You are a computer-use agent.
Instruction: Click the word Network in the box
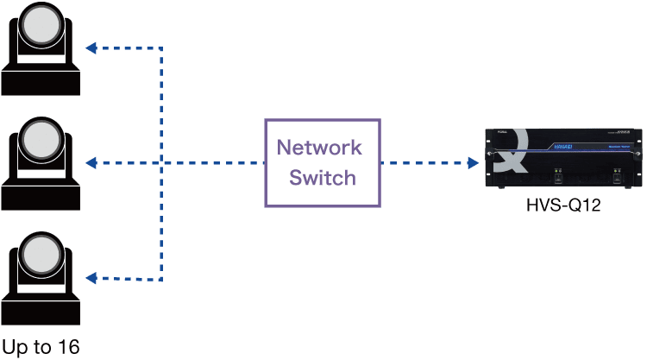coord(318,146)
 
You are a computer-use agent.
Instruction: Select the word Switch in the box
coord(323,178)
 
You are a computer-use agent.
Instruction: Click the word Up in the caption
coord(15,347)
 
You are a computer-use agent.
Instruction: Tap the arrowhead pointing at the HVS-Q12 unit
coord(473,162)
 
